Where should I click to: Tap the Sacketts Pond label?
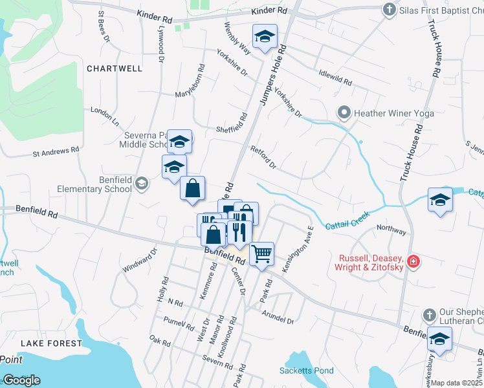pyautogui.click(x=306, y=371)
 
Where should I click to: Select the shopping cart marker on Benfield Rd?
pyautogui.click(x=262, y=253)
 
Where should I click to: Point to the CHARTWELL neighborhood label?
pyautogui.click(x=114, y=68)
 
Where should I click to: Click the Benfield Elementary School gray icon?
pyautogui.click(x=142, y=185)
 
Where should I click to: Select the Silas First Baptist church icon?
pyautogui.click(x=389, y=9)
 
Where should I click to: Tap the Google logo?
pyautogui.click(x=21, y=380)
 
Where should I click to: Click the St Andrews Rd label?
pyautogui.click(x=56, y=151)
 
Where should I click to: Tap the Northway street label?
pyautogui.click(x=391, y=230)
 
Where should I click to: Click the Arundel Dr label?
pyautogui.click(x=278, y=317)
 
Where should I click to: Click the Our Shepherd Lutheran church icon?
pyautogui.click(x=428, y=315)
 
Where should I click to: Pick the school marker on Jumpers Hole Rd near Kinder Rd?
pyautogui.click(x=265, y=38)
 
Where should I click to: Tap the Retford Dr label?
pyautogui.click(x=263, y=158)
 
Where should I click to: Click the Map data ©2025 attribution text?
pyautogui.click(x=457, y=383)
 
